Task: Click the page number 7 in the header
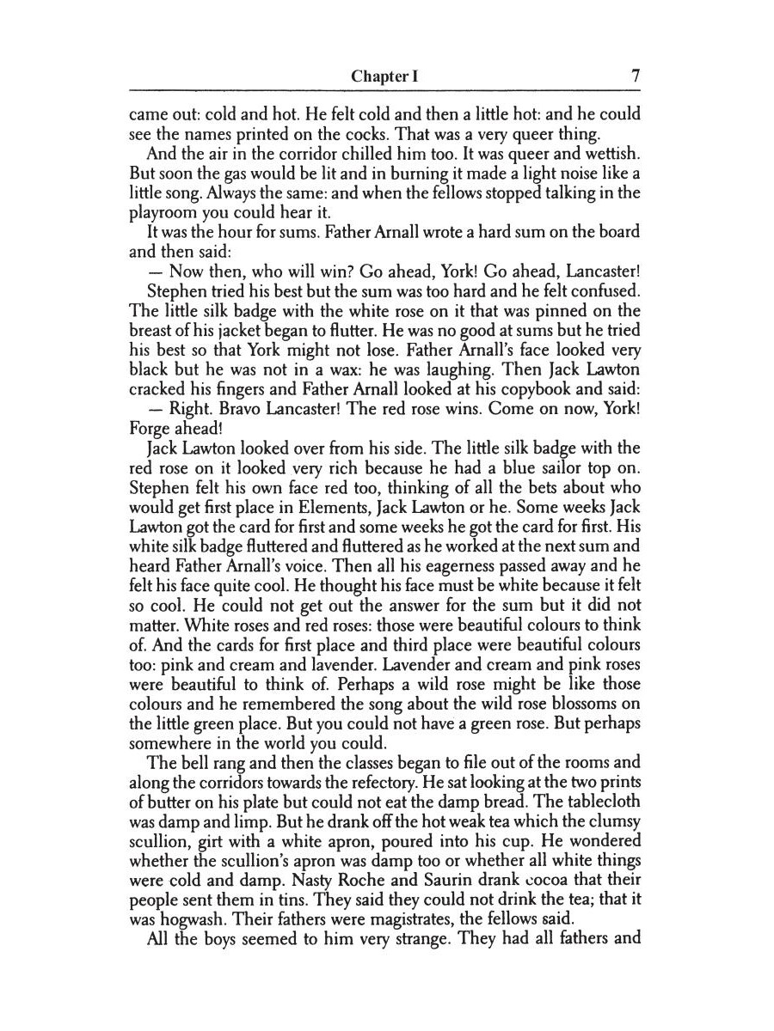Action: tap(636, 76)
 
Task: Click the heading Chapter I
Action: tap(384, 76)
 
